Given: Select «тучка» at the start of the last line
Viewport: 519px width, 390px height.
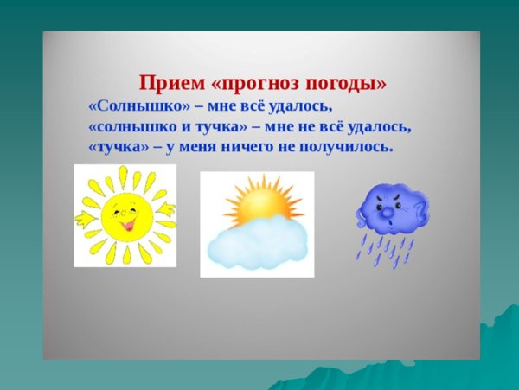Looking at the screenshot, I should (117, 147).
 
